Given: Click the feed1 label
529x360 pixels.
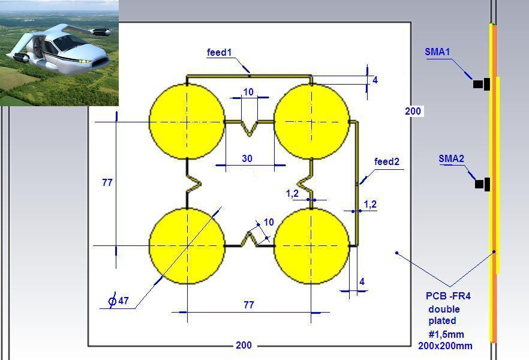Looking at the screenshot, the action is tap(220, 53).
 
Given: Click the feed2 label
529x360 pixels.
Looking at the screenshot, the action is tap(387, 161).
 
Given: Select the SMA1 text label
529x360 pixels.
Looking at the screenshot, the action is tap(437, 52).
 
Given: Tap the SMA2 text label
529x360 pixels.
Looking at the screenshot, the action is tap(452, 158).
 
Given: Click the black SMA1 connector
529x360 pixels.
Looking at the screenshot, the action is tap(482, 84).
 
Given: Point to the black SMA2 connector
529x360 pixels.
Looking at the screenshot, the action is tap(482, 184).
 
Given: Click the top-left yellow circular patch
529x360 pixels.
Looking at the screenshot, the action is tap(187, 121).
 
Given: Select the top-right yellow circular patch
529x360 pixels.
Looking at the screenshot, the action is tap(311, 121).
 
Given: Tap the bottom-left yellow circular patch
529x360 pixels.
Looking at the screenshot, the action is tap(187, 246).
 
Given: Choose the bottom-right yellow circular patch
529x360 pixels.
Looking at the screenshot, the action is tap(311, 246).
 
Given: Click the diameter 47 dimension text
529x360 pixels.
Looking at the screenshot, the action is tap(118, 301).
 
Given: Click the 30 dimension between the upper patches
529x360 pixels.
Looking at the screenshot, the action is tap(247, 158).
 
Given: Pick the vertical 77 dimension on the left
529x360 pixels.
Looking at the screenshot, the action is tap(107, 182).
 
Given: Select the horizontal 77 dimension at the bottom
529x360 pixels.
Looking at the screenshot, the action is tap(249, 305).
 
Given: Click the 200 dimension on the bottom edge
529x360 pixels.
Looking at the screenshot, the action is tap(244, 345).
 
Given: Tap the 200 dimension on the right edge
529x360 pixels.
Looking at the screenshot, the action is tap(413, 111).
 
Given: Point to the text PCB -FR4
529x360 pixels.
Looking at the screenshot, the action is tap(448, 296).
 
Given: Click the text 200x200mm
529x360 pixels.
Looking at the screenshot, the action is tap(445, 346).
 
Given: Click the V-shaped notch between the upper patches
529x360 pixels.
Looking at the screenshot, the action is tap(250, 128).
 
